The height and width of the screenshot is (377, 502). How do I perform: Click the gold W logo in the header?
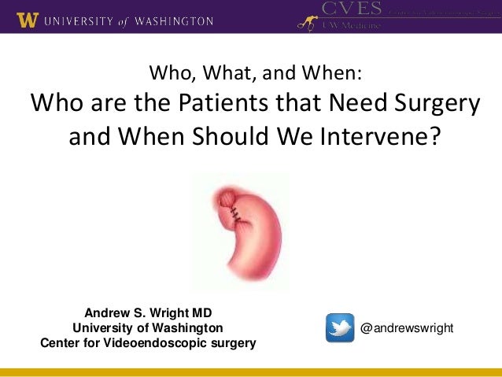[27, 21]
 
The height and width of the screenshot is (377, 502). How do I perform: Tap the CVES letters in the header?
[350, 9]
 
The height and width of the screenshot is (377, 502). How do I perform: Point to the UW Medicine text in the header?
[349, 25]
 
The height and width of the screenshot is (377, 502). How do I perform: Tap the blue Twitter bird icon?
[340, 327]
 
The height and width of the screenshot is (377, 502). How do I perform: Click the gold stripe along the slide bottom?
[251, 371]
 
